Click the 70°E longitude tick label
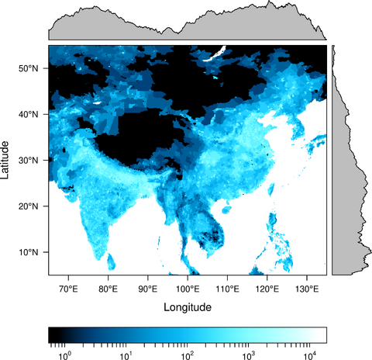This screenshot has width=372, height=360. coord(68,289)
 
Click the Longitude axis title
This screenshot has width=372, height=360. coord(188,307)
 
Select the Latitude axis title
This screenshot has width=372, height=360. coord(8,160)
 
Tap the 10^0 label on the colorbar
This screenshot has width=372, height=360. coord(65,355)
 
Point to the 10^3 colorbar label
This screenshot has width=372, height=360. coord(249,355)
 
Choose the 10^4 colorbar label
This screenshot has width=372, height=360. coord(310,355)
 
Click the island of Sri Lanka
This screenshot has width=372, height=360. coord(112,261)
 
